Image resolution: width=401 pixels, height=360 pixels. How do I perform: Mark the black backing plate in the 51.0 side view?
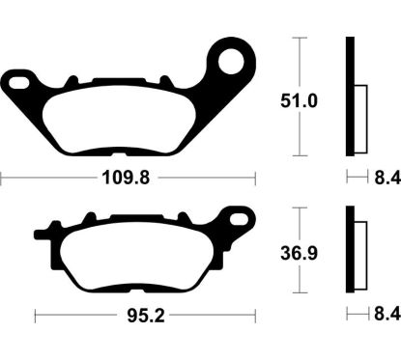click(x=350, y=97)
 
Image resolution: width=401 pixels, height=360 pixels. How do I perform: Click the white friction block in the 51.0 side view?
click(x=359, y=116)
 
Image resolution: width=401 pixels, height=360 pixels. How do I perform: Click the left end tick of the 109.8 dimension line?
click(x=2, y=179)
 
